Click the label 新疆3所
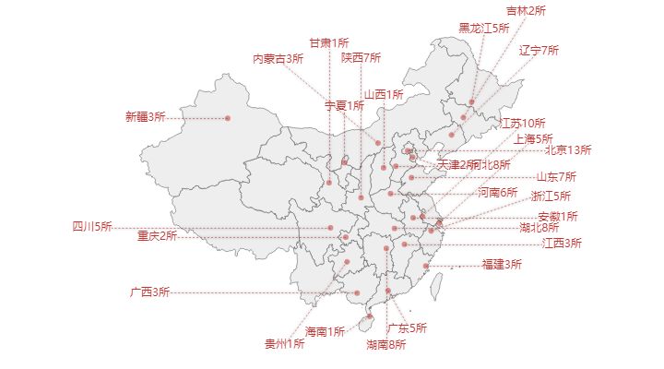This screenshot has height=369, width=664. click(x=145, y=117)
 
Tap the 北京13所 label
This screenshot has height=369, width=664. click(x=567, y=149)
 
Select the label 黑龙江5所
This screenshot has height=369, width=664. click(x=484, y=29)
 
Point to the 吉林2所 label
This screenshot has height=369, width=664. click(x=526, y=11)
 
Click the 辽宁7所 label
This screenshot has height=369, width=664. click(x=539, y=50)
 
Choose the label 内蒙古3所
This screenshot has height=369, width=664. click(x=279, y=59)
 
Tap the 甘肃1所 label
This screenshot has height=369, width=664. click(x=328, y=42)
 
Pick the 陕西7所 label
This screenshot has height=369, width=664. click(x=361, y=57)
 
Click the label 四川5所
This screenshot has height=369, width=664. click(x=91, y=226)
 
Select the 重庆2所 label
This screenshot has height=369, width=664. click(x=157, y=235)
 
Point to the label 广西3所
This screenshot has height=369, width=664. click(x=149, y=292)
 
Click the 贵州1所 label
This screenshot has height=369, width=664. click(x=284, y=344)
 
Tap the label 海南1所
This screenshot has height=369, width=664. click(x=325, y=331)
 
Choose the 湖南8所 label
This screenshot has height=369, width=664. click(x=385, y=345)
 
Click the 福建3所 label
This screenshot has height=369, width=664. click(x=502, y=265)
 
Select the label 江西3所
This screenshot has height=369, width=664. click(x=562, y=244)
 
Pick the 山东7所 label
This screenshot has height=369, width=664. click(x=556, y=176)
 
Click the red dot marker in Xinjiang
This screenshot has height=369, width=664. click(x=228, y=118)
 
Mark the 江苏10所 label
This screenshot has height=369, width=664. click(x=523, y=123)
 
